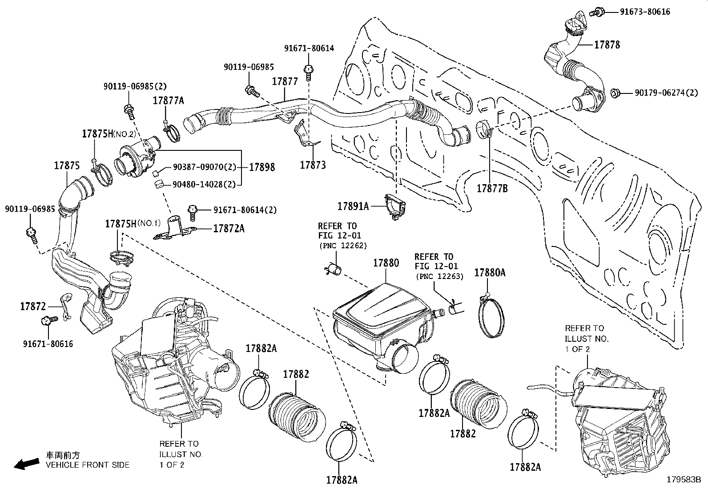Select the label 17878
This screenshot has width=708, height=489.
[x=607, y=44]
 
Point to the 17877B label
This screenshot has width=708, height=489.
[x=492, y=188]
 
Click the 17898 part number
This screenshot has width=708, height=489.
[x=261, y=167]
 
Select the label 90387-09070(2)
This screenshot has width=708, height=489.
[x=204, y=168]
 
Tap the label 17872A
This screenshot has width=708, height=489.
[x=229, y=229]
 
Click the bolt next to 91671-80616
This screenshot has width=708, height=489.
[x=48, y=320]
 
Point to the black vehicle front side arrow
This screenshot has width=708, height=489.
[x=25, y=464]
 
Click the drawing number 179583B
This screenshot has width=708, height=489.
[x=683, y=480]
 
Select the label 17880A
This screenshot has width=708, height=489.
[x=489, y=273]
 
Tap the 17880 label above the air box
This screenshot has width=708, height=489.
[x=386, y=263]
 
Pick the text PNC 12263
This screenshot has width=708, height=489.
[x=439, y=276]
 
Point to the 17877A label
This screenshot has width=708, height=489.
[x=168, y=101]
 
